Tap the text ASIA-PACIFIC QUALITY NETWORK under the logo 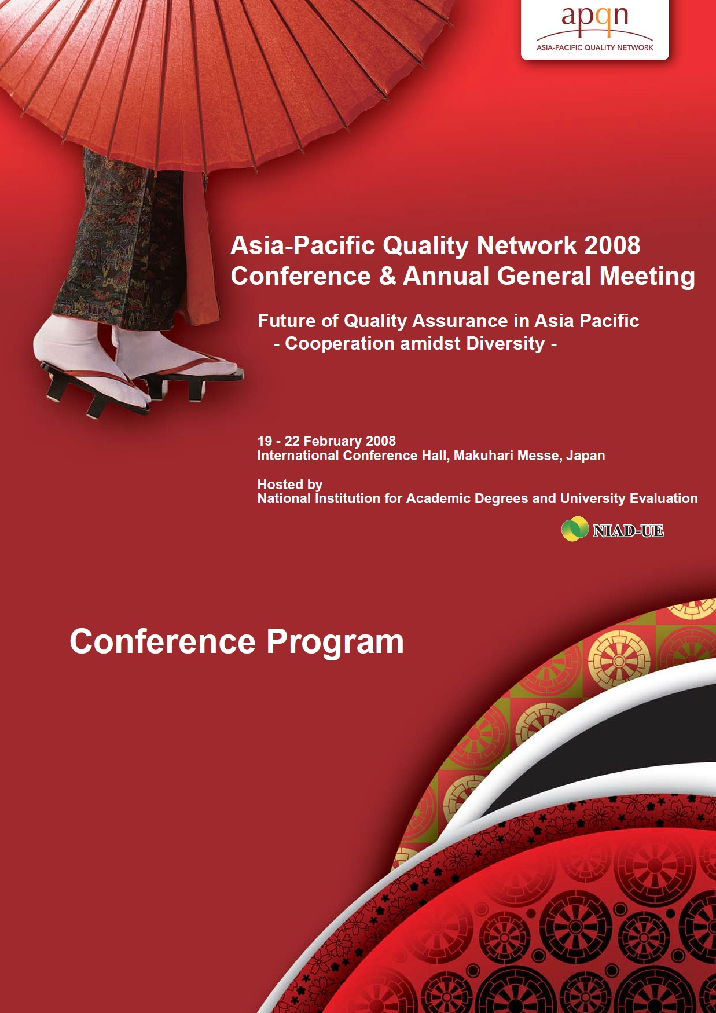595,47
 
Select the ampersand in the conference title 387,276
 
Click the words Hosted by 290,485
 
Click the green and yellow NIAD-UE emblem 574,529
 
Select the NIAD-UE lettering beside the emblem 628,530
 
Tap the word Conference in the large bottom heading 163,641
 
